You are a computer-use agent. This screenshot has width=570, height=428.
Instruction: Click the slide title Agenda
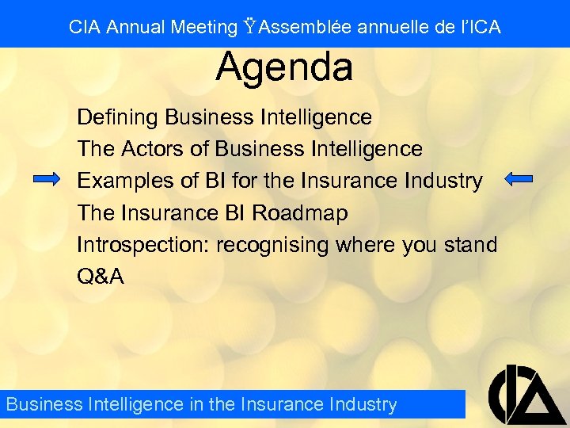click(284, 67)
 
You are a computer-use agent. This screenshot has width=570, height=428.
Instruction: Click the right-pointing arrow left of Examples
click(47, 180)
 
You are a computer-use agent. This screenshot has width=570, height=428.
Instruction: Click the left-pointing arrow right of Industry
click(519, 179)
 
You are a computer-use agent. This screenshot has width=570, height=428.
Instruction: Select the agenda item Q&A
click(101, 277)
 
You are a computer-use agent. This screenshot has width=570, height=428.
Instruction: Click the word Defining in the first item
click(118, 117)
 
